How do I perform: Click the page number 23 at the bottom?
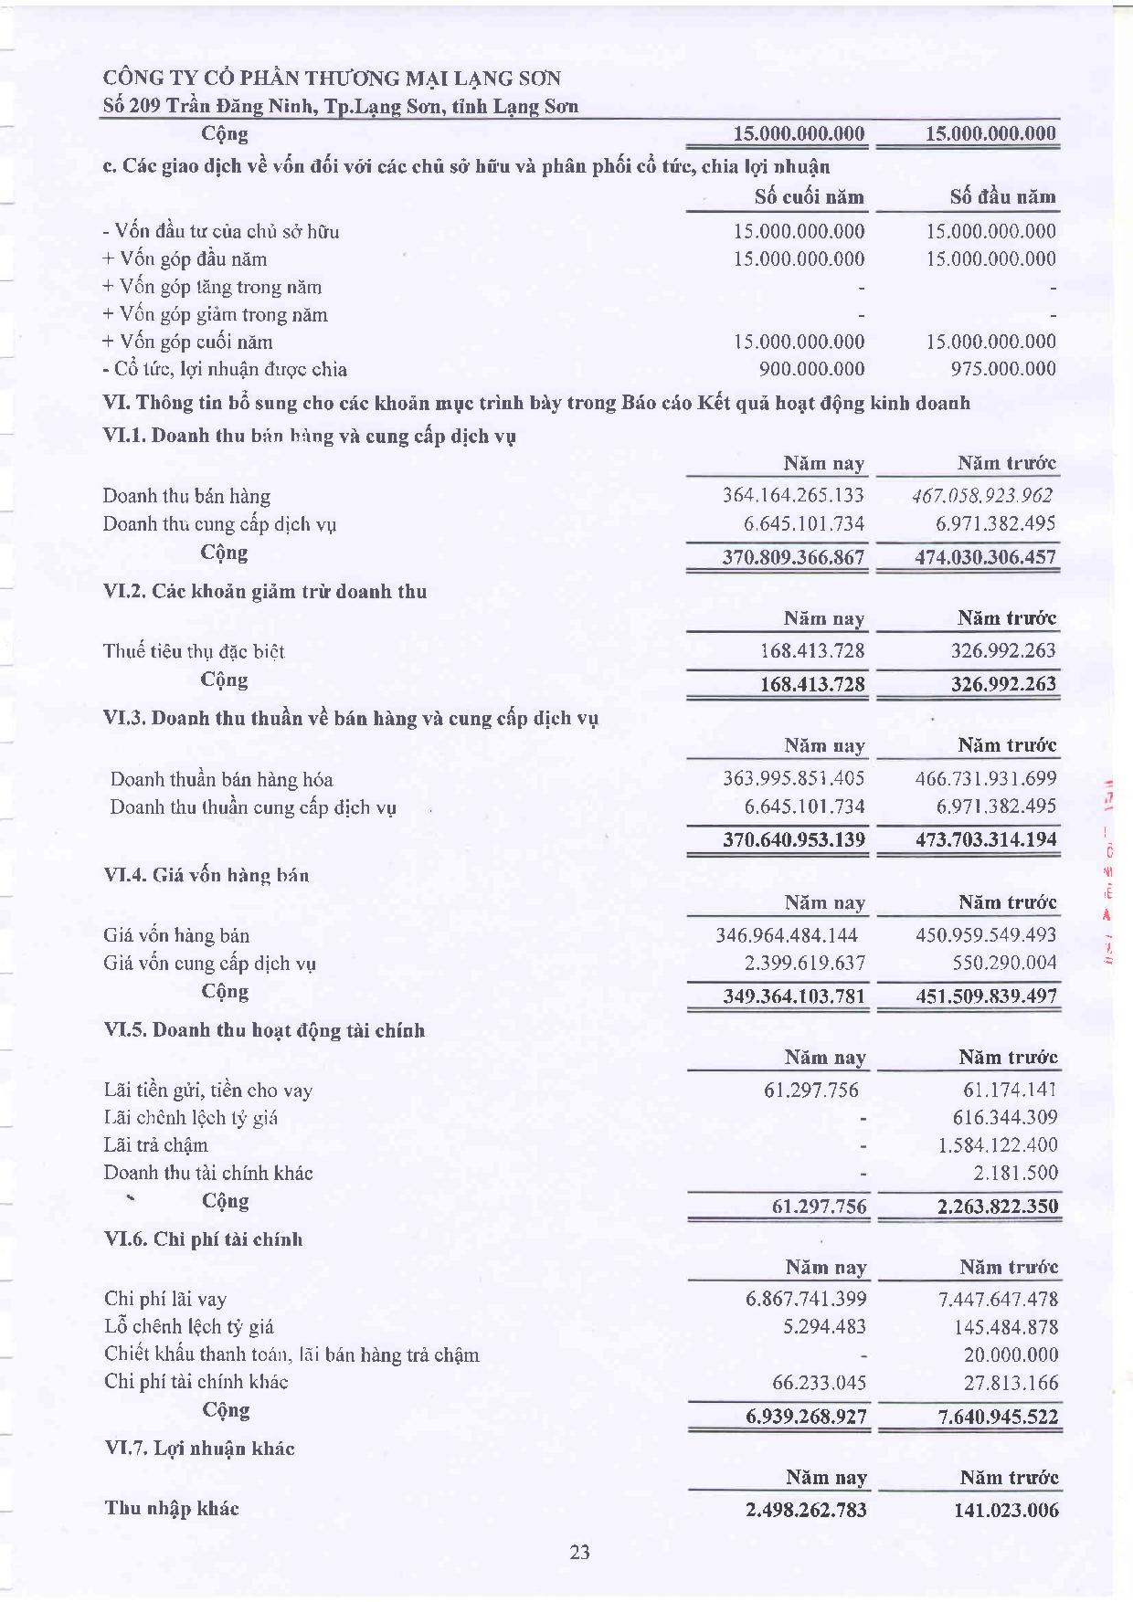click(579, 1552)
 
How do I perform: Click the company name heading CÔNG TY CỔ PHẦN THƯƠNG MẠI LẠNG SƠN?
click(332, 79)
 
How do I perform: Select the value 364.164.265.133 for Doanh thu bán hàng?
click(793, 496)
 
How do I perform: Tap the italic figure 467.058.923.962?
click(982, 496)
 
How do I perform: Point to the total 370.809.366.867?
click(793, 557)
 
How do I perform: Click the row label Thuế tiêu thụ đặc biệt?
click(194, 651)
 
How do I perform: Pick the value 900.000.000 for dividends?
click(811, 369)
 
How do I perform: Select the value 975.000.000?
click(1002, 369)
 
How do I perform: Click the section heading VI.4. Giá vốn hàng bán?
click(206, 875)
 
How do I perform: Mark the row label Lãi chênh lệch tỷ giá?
click(191, 1117)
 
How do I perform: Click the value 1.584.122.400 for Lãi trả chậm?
click(997, 1144)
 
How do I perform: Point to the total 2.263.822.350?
click(997, 1207)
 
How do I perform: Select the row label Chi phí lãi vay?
click(165, 1299)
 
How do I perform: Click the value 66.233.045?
click(818, 1382)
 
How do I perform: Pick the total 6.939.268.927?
click(806, 1417)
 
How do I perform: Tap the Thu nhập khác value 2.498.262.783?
click(806, 1510)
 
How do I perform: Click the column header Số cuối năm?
click(809, 196)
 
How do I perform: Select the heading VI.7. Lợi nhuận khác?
click(200, 1449)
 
